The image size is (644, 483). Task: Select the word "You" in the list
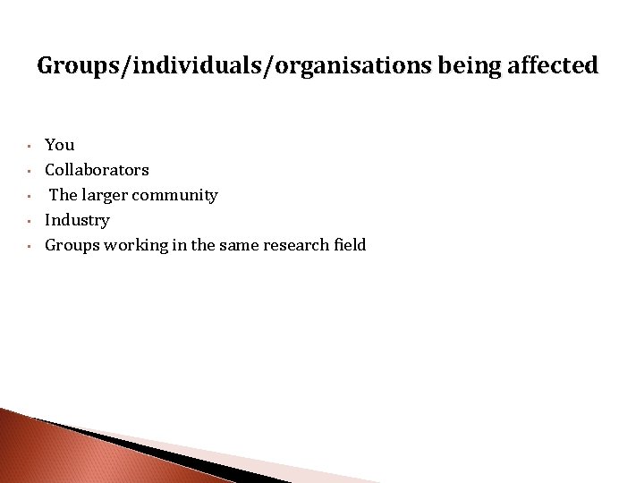click(x=60, y=145)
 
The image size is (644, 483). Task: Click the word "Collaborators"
click(x=97, y=170)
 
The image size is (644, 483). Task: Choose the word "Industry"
click(x=77, y=220)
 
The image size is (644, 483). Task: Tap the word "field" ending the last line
click(x=351, y=245)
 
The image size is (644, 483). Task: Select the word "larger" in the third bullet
click(x=103, y=195)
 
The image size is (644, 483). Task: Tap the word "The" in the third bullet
click(x=64, y=195)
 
